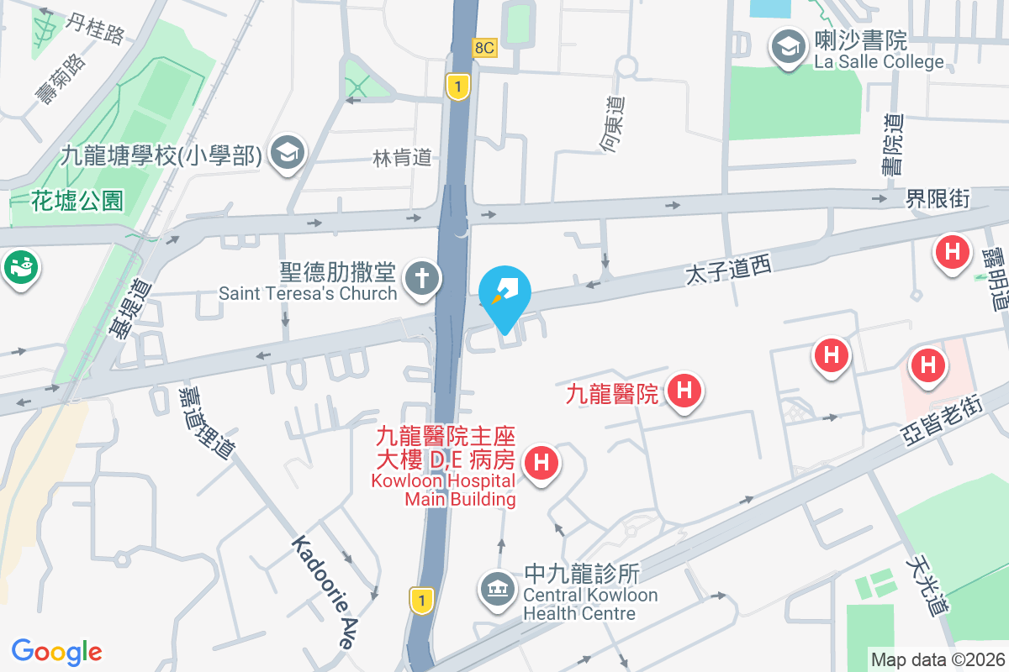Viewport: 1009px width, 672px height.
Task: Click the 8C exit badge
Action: click(485, 48)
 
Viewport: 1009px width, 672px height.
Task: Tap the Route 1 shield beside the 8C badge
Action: click(457, 86)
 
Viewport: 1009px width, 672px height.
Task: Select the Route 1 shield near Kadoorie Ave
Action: click(421, 599)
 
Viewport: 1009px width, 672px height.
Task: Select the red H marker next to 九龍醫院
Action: click(684, 391)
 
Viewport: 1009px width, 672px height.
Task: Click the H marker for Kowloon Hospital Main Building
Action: click(541, 463)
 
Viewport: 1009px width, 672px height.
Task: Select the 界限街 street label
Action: click(938, 199)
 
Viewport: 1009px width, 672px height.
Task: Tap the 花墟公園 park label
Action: click(77, 201)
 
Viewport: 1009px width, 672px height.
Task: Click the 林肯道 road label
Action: click(403, 157)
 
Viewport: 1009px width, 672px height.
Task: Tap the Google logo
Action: click(56, 652)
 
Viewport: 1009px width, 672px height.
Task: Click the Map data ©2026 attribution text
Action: click(937, 659)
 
